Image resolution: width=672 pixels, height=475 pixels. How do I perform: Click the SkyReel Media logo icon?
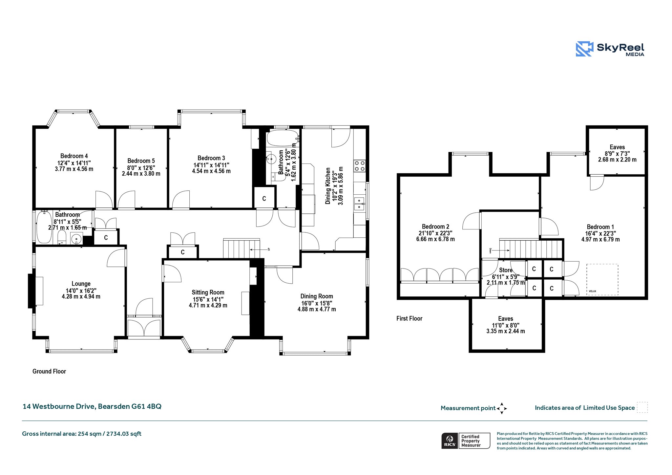(584, 49)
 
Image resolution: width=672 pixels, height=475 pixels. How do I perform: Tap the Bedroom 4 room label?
(74, 156)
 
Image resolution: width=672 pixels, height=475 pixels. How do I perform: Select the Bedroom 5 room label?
(141, 161)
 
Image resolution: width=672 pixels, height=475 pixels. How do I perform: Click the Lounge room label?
(81, 284)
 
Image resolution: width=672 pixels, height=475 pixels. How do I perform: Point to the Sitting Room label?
(208, 292)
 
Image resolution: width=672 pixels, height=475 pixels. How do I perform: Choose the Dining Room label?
(317, 296)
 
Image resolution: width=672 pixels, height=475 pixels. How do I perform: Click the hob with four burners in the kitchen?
(359, 166)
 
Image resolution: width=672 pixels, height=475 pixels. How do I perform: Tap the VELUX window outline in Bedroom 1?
(602, 279)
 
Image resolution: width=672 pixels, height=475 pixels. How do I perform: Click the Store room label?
(506, 270)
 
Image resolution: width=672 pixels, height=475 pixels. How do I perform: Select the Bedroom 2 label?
(435, 227)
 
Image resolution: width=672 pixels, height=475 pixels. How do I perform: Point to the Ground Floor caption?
(49, 371)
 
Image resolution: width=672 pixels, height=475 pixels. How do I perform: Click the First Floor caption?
(409, 318)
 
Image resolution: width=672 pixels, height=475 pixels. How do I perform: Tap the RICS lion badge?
(450, 441)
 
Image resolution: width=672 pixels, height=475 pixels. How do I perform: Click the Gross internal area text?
(82, 434)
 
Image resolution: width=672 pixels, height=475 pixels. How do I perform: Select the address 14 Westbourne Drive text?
(92, 406)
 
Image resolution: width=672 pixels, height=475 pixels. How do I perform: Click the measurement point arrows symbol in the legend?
(502, 408)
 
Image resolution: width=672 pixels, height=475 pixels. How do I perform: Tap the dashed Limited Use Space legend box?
(642, 407)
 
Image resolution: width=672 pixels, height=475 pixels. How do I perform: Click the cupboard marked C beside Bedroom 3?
(264, 198)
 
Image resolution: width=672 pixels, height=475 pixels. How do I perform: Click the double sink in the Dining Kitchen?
(360, 204)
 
